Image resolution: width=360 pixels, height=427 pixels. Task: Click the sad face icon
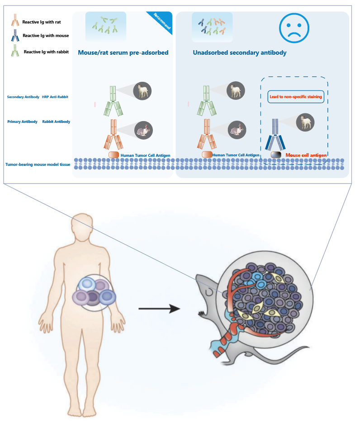click(294, 28)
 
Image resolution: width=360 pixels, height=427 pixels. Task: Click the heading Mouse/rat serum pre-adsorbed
click(123, 52)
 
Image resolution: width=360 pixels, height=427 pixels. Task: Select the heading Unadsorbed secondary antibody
click(240, 52)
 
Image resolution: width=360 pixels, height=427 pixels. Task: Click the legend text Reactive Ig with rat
click(42, 22)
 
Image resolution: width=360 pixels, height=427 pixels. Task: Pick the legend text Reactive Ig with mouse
click(46, 36)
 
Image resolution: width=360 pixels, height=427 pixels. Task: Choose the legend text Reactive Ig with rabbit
click(46, 52)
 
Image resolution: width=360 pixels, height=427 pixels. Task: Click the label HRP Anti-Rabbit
click(55, 97)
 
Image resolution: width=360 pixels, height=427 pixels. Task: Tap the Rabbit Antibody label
click(56, 122)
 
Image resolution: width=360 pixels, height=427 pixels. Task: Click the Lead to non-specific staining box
click(296, 97)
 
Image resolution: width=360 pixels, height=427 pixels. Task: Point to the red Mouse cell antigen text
click(306, 155)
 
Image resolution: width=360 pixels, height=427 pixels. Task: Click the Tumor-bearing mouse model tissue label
click(38, 164)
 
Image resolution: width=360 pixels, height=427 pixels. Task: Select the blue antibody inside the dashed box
click(275, 135)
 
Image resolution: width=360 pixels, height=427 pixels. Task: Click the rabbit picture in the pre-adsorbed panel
click(143, 131)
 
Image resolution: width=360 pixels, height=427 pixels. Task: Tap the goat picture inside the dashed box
click(305, 122)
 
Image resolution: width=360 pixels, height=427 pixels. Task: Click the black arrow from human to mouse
click(160, 309)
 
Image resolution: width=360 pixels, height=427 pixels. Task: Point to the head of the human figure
click(82, 225)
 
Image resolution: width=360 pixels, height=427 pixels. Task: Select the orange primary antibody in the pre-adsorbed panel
click(114, 135)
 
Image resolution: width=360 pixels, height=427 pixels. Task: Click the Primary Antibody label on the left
click(22, 122)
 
